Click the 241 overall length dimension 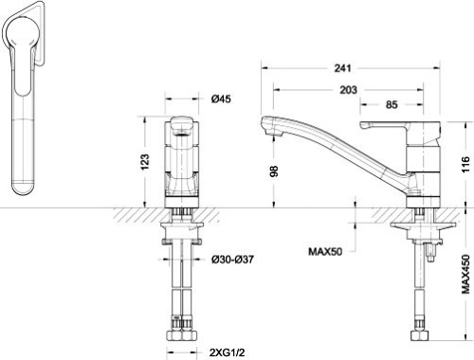click(342, 68)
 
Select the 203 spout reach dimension click(349, 90)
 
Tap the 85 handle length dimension click(392, 105)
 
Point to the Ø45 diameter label click(221, 99)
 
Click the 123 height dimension click(145, 162)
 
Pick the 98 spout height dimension click(274, 171)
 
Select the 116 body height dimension click(465, 164)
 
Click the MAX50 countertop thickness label click(325, 252)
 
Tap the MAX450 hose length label click(465, 274)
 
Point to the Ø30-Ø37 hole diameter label click(232, 260)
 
